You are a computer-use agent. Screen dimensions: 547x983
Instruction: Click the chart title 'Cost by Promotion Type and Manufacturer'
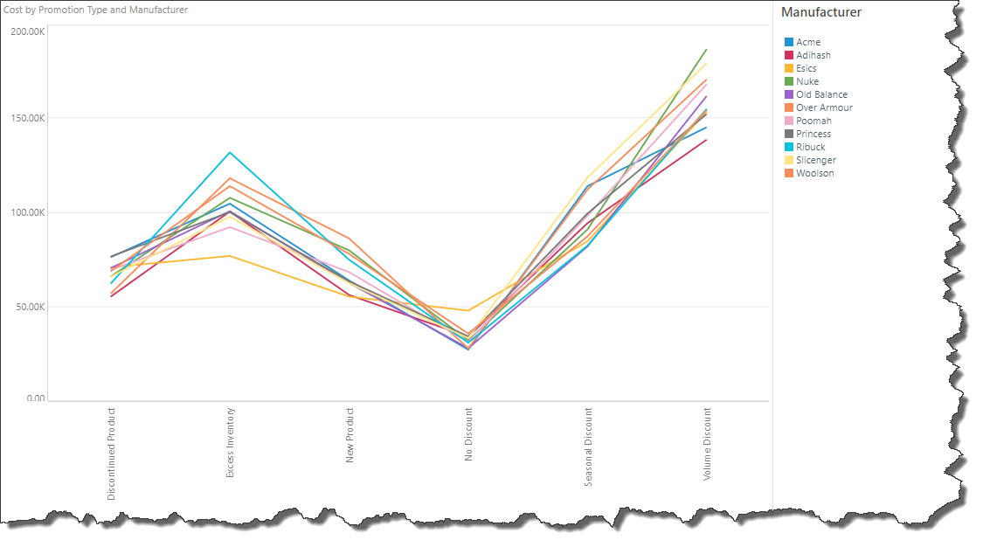pyautogui.click(x=96, y=10)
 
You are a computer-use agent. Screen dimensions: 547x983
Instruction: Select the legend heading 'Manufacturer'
pyautogui.click(x=820, y=12)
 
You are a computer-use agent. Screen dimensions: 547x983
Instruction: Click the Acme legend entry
pyautogui.click(x=807, y=42)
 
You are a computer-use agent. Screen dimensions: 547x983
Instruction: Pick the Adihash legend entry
pyautogui.click(x=813, y=55)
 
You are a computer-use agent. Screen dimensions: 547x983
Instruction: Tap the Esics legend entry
pyautogui.click(x=806, y=68)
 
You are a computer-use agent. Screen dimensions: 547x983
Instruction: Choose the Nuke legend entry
pyautogui.click(x=806, y=81)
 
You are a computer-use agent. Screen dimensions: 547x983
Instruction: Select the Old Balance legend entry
pyautogui.click(x=820, y=94)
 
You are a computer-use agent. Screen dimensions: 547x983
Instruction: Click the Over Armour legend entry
pyautogui.click(x=823, y=107)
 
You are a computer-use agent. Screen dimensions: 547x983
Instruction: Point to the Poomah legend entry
pyautogui.click(x=813, y=121)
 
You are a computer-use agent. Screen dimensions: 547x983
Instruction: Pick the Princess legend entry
pyautogui.click(x=813, y=134)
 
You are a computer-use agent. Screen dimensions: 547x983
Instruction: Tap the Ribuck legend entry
pyautogui.click(x=810, y=147)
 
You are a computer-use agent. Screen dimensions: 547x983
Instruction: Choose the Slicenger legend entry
pyautogui.click(x=815, y=160)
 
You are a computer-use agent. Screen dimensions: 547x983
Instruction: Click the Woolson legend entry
pyautogui.click(x=814, y=173)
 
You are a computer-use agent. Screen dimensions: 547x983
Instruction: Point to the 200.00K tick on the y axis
pyautogui.click(x=27, y=31)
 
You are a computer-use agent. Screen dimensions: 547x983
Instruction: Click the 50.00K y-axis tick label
pyautogui.click(x=29, y=307)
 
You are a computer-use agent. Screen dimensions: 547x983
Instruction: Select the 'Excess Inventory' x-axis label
pyautogui.click(x=231, y=442)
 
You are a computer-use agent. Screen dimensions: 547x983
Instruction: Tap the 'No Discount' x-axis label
pyautogui.click(x=469, y=433)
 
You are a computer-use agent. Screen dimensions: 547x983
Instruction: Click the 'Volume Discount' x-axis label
pyautogui.click(x=707, y=443)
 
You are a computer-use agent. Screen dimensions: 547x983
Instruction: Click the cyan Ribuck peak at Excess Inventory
pyautogui.click(x=230, y=152)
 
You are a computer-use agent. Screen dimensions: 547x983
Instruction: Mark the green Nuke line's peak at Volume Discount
pyautogui.click(x=706, y=50)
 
